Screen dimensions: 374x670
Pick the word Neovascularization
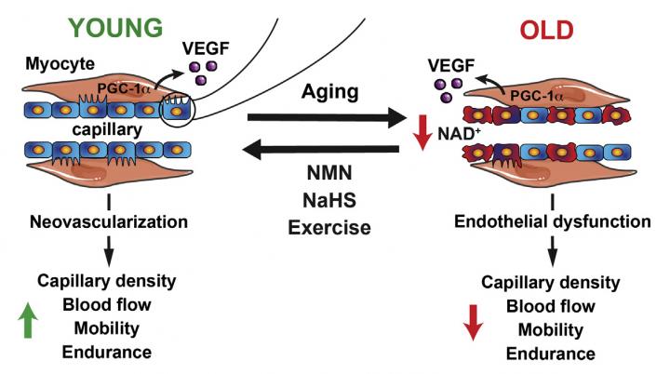(x=110, y=222)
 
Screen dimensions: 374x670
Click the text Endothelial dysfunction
(x=555, y=222)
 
